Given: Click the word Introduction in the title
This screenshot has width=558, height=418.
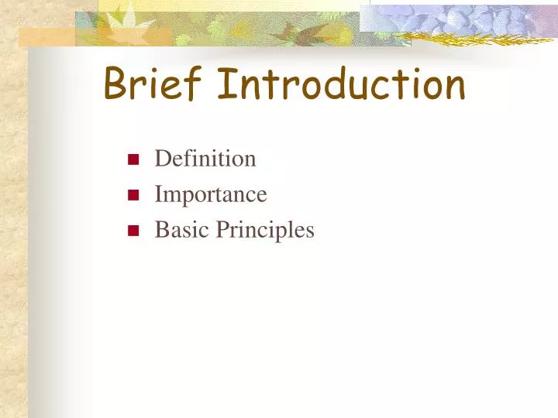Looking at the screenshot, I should click(x=341, y=85).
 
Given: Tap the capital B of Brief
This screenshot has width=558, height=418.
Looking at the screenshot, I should click(x=116, y=84).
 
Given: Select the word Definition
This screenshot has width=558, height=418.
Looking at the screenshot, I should click(x=205, y=159).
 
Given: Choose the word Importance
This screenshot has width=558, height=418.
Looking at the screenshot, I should click(x=211, y=195).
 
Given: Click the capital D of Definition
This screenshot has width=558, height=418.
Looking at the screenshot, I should click(x=162, y=159).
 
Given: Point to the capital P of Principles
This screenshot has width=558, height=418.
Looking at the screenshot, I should click(x=221, y=230).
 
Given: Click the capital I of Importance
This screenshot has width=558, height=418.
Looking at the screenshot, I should click(x=158, y=194).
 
